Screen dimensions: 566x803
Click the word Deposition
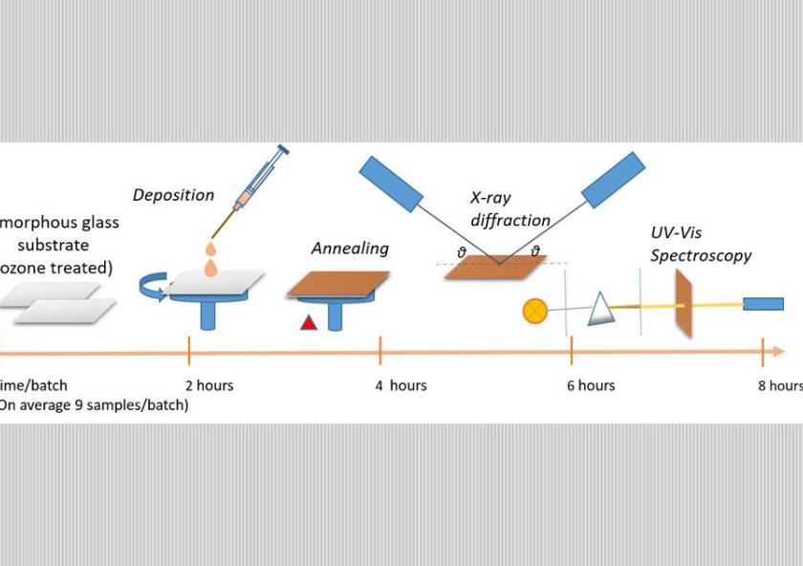[173, 195]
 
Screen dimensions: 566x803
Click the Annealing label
[350, 249]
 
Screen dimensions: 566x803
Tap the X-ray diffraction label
[510, 209]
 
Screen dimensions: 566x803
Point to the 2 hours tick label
[208, 385]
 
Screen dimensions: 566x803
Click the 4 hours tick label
[401, 385]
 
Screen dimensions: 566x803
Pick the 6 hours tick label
[591, 385]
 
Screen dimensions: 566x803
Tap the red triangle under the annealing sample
[308, 323]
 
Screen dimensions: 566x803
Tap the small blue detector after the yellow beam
[763, 304]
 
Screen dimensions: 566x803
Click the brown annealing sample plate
[337, 284]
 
